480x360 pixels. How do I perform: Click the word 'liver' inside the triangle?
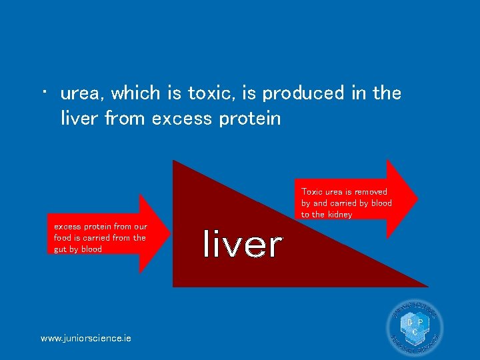click(243, 244)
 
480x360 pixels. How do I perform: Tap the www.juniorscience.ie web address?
click(86, 338)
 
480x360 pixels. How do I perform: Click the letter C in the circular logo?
click(415, 331)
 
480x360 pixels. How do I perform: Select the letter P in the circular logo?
click(420, 323)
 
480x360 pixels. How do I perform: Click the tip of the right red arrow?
click(418, 198)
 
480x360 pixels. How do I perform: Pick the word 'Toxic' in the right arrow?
click(312, 191)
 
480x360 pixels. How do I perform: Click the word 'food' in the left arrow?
click(63, 238)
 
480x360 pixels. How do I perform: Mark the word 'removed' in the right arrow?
click(371, 191)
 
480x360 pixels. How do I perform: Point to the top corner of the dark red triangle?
click(173, 161)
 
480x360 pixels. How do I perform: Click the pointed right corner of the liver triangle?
click(427, 287)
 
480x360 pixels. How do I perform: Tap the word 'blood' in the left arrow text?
click(91, 249)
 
